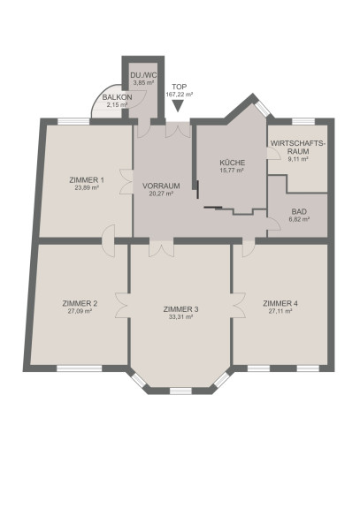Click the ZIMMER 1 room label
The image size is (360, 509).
87,180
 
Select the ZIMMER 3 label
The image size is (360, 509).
181,309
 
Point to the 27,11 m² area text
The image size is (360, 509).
280,311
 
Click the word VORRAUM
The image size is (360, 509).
161,186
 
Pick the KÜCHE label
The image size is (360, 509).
232,163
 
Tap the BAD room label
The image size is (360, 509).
299,212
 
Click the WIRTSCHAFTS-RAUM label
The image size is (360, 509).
298,147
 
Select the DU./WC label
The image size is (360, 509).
143,75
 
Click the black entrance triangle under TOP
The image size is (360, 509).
178,105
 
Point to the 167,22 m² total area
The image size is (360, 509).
180,95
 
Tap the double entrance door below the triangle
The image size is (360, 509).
178,130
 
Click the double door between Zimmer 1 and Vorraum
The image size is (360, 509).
126,181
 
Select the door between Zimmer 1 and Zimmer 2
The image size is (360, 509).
109,240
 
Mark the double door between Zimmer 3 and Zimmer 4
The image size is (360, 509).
238,305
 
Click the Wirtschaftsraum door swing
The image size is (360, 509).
274,153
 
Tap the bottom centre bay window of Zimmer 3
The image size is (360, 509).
181,391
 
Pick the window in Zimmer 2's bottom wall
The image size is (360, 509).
80,368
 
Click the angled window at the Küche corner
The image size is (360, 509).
263,109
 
